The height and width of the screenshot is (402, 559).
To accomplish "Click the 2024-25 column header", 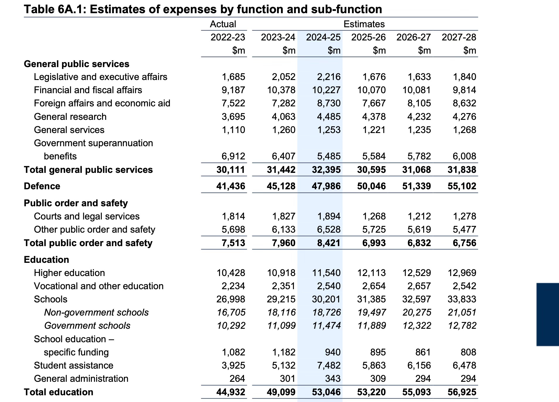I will coord(323,37).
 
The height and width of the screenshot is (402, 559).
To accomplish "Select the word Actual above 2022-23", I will coord(223,24).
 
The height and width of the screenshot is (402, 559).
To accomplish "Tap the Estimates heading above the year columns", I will coord(364,24).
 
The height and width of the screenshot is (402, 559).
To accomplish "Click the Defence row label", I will coord(42,186).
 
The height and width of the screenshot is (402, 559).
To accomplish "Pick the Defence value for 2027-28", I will coord(462,186).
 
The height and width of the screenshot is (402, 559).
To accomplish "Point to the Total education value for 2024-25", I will coord(326,392).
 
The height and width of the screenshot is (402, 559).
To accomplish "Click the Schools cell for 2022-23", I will coord(231,299).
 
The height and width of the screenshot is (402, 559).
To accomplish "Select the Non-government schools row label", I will coord(96,312).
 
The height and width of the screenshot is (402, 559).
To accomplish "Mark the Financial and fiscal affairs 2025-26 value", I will coord(371,90).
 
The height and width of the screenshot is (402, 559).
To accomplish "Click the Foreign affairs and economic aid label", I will coord(102,103).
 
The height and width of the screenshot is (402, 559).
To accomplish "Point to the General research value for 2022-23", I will coord(233,117).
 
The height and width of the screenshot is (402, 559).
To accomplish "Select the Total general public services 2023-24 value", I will coord(281,170).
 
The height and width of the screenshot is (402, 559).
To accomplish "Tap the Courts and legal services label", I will coord(87,216).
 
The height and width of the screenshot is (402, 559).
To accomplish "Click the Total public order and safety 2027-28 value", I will coord(464,243).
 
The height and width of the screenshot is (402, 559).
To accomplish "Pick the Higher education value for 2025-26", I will coord(371,273).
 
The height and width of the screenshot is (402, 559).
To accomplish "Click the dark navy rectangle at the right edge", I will coord(547,314).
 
